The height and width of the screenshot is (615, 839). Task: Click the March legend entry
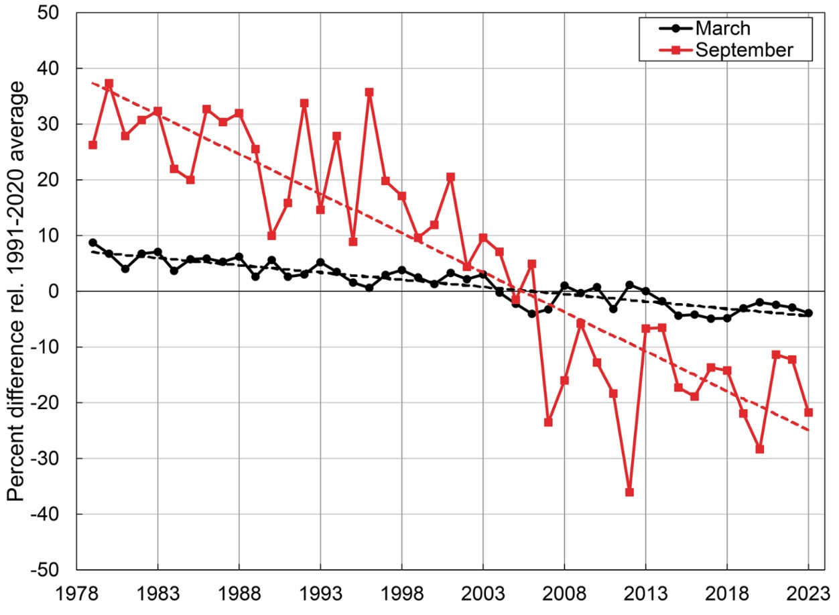[x=722, y=29]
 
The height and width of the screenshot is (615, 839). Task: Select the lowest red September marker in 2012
[x=629, y=492]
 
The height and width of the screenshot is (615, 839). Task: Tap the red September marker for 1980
[x=109, y=84]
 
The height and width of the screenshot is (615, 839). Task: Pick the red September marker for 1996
[x=369, y=93]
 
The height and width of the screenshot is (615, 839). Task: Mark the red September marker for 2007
[x=548, y=422]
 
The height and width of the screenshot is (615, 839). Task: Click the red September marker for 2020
[x=759, y=449]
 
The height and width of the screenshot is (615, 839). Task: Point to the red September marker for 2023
[x=808, y=412]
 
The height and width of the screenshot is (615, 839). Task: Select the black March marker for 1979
[x=92, y=243]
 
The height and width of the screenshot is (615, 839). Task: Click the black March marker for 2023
[x=808, y=313]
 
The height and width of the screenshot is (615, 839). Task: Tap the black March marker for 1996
[x=369, y=288]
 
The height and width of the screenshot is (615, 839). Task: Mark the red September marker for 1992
[x=304, y=103]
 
